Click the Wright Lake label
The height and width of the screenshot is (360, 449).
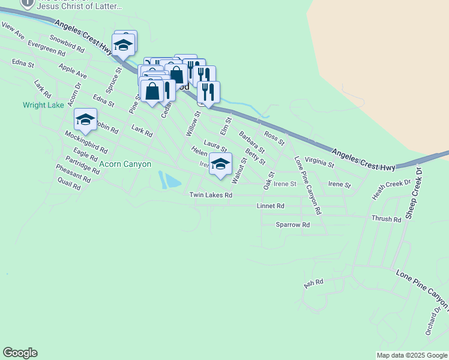(x=43, y=105)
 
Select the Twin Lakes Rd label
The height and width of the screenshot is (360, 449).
(x=211, y=195)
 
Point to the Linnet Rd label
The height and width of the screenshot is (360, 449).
(x=270, y=206)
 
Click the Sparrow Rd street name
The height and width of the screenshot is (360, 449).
(x=292, y=224)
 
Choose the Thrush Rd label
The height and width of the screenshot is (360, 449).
(x=386, y=220)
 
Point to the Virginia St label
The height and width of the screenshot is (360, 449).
(x=319, y=161)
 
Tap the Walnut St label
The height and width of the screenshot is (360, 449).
(x=239, y=170)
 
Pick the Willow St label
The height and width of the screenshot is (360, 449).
(x=193, y=122)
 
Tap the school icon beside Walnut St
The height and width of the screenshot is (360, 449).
(x=220, y=164)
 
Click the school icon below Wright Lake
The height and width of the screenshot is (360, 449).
(x=85, y=119)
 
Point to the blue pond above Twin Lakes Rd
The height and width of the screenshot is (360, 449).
(x=169, y=180)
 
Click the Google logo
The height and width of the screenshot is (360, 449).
(x=20, y=353)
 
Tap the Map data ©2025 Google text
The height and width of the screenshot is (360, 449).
(x=412, y=355)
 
